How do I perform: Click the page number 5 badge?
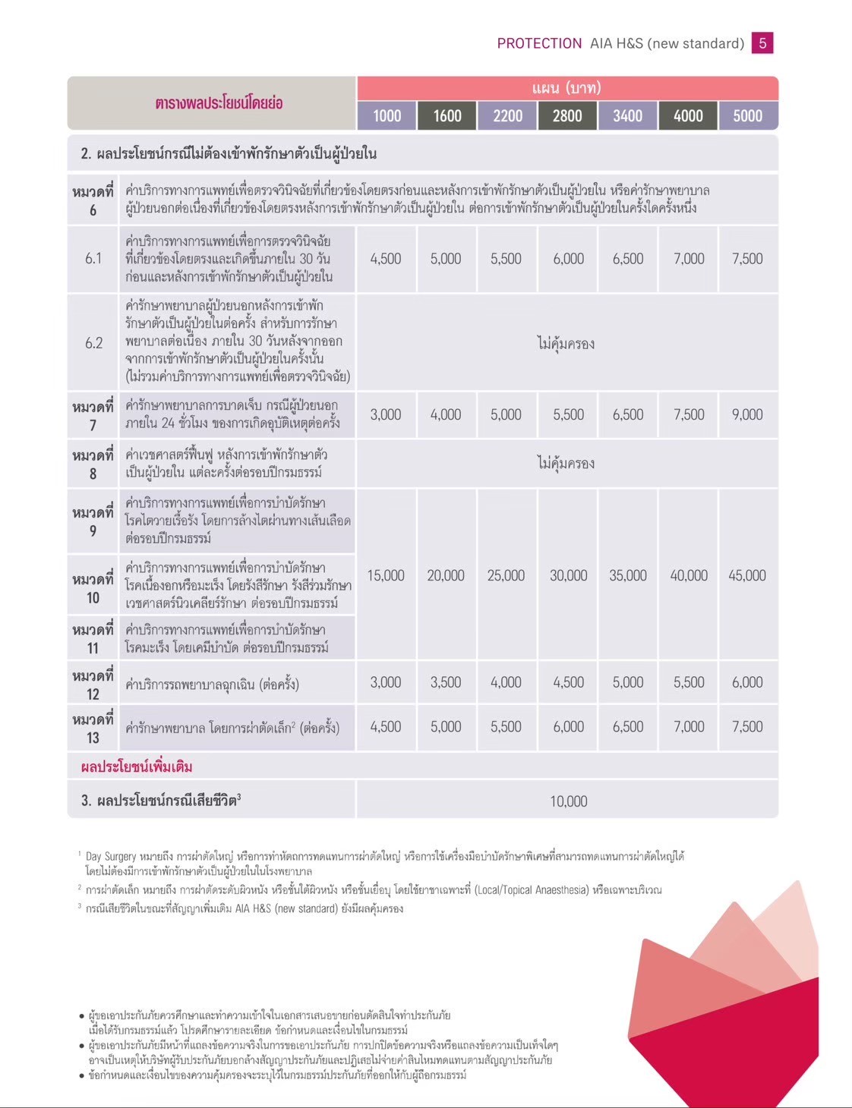pos(762,43)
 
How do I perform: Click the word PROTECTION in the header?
pos(539,43)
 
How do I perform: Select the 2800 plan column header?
pos(567,115)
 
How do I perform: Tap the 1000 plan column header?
pos(387,115)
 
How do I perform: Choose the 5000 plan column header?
pos(747,115)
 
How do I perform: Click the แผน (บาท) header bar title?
pos(566,88)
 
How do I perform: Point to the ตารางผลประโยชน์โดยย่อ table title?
pos(219,103)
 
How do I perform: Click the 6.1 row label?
pos(93,259)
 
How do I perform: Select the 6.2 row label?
pos(93,343)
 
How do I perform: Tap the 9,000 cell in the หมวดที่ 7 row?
pos(747,414)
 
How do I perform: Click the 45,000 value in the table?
pos(747,575)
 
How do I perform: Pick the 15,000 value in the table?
pos(386,575)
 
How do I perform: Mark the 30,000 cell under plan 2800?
pos(568,575)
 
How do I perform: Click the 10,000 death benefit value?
pos(568,801)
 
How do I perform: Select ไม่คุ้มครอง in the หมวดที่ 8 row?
pos(566,463)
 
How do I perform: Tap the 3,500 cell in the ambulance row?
pos(446,682)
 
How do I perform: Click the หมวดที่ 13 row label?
pos(93,728)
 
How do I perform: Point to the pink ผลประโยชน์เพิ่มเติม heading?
pos(137,766)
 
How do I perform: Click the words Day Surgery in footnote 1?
pos(111,856)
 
